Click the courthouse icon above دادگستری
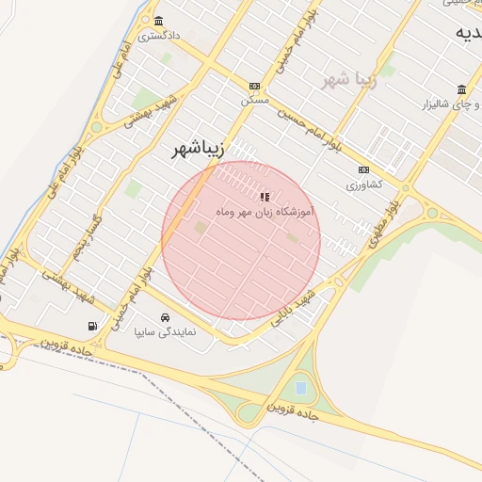[157, 22]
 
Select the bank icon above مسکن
[254, 86]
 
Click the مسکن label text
[254, 99]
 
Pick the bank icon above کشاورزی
[363, 170]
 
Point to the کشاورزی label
[361, 185]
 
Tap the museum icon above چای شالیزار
[461, 90]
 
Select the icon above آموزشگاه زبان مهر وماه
[264, 196]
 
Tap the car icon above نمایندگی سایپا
[166, 317]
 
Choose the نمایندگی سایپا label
[166, 332]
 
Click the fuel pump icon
[91, 326]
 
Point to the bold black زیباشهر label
[200, 149]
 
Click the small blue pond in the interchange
[300, 387]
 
